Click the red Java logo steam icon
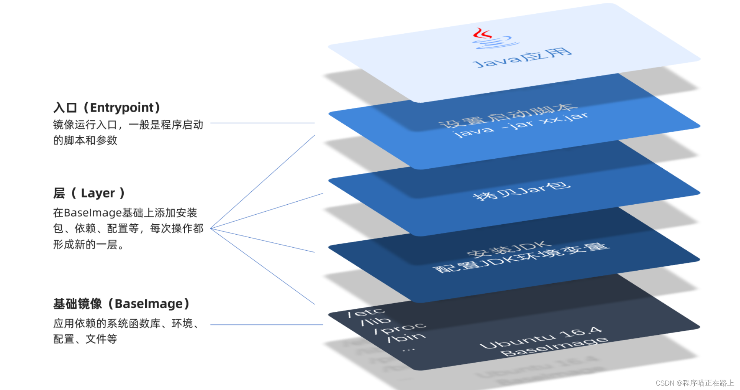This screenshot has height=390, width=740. (x=482, y=34)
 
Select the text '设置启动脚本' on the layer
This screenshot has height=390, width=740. (x=508, y=115)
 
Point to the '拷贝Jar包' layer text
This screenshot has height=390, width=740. (x=521, y=191)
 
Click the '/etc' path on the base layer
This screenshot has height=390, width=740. (x=366, y=313)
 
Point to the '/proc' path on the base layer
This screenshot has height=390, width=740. (x=400, y=328)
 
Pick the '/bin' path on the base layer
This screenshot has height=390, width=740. (x=406, y=337)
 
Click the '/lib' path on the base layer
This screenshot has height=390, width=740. (x=376, y=321)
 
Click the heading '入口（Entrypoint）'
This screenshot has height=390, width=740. (x=107, y=108)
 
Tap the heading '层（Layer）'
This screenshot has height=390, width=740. (x=89, y=193)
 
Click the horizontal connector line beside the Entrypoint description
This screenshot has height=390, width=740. (x=262, y=123)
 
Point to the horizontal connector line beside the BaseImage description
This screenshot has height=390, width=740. (x=266, y=325)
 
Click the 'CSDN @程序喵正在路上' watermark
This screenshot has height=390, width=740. (x=694, y=383)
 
